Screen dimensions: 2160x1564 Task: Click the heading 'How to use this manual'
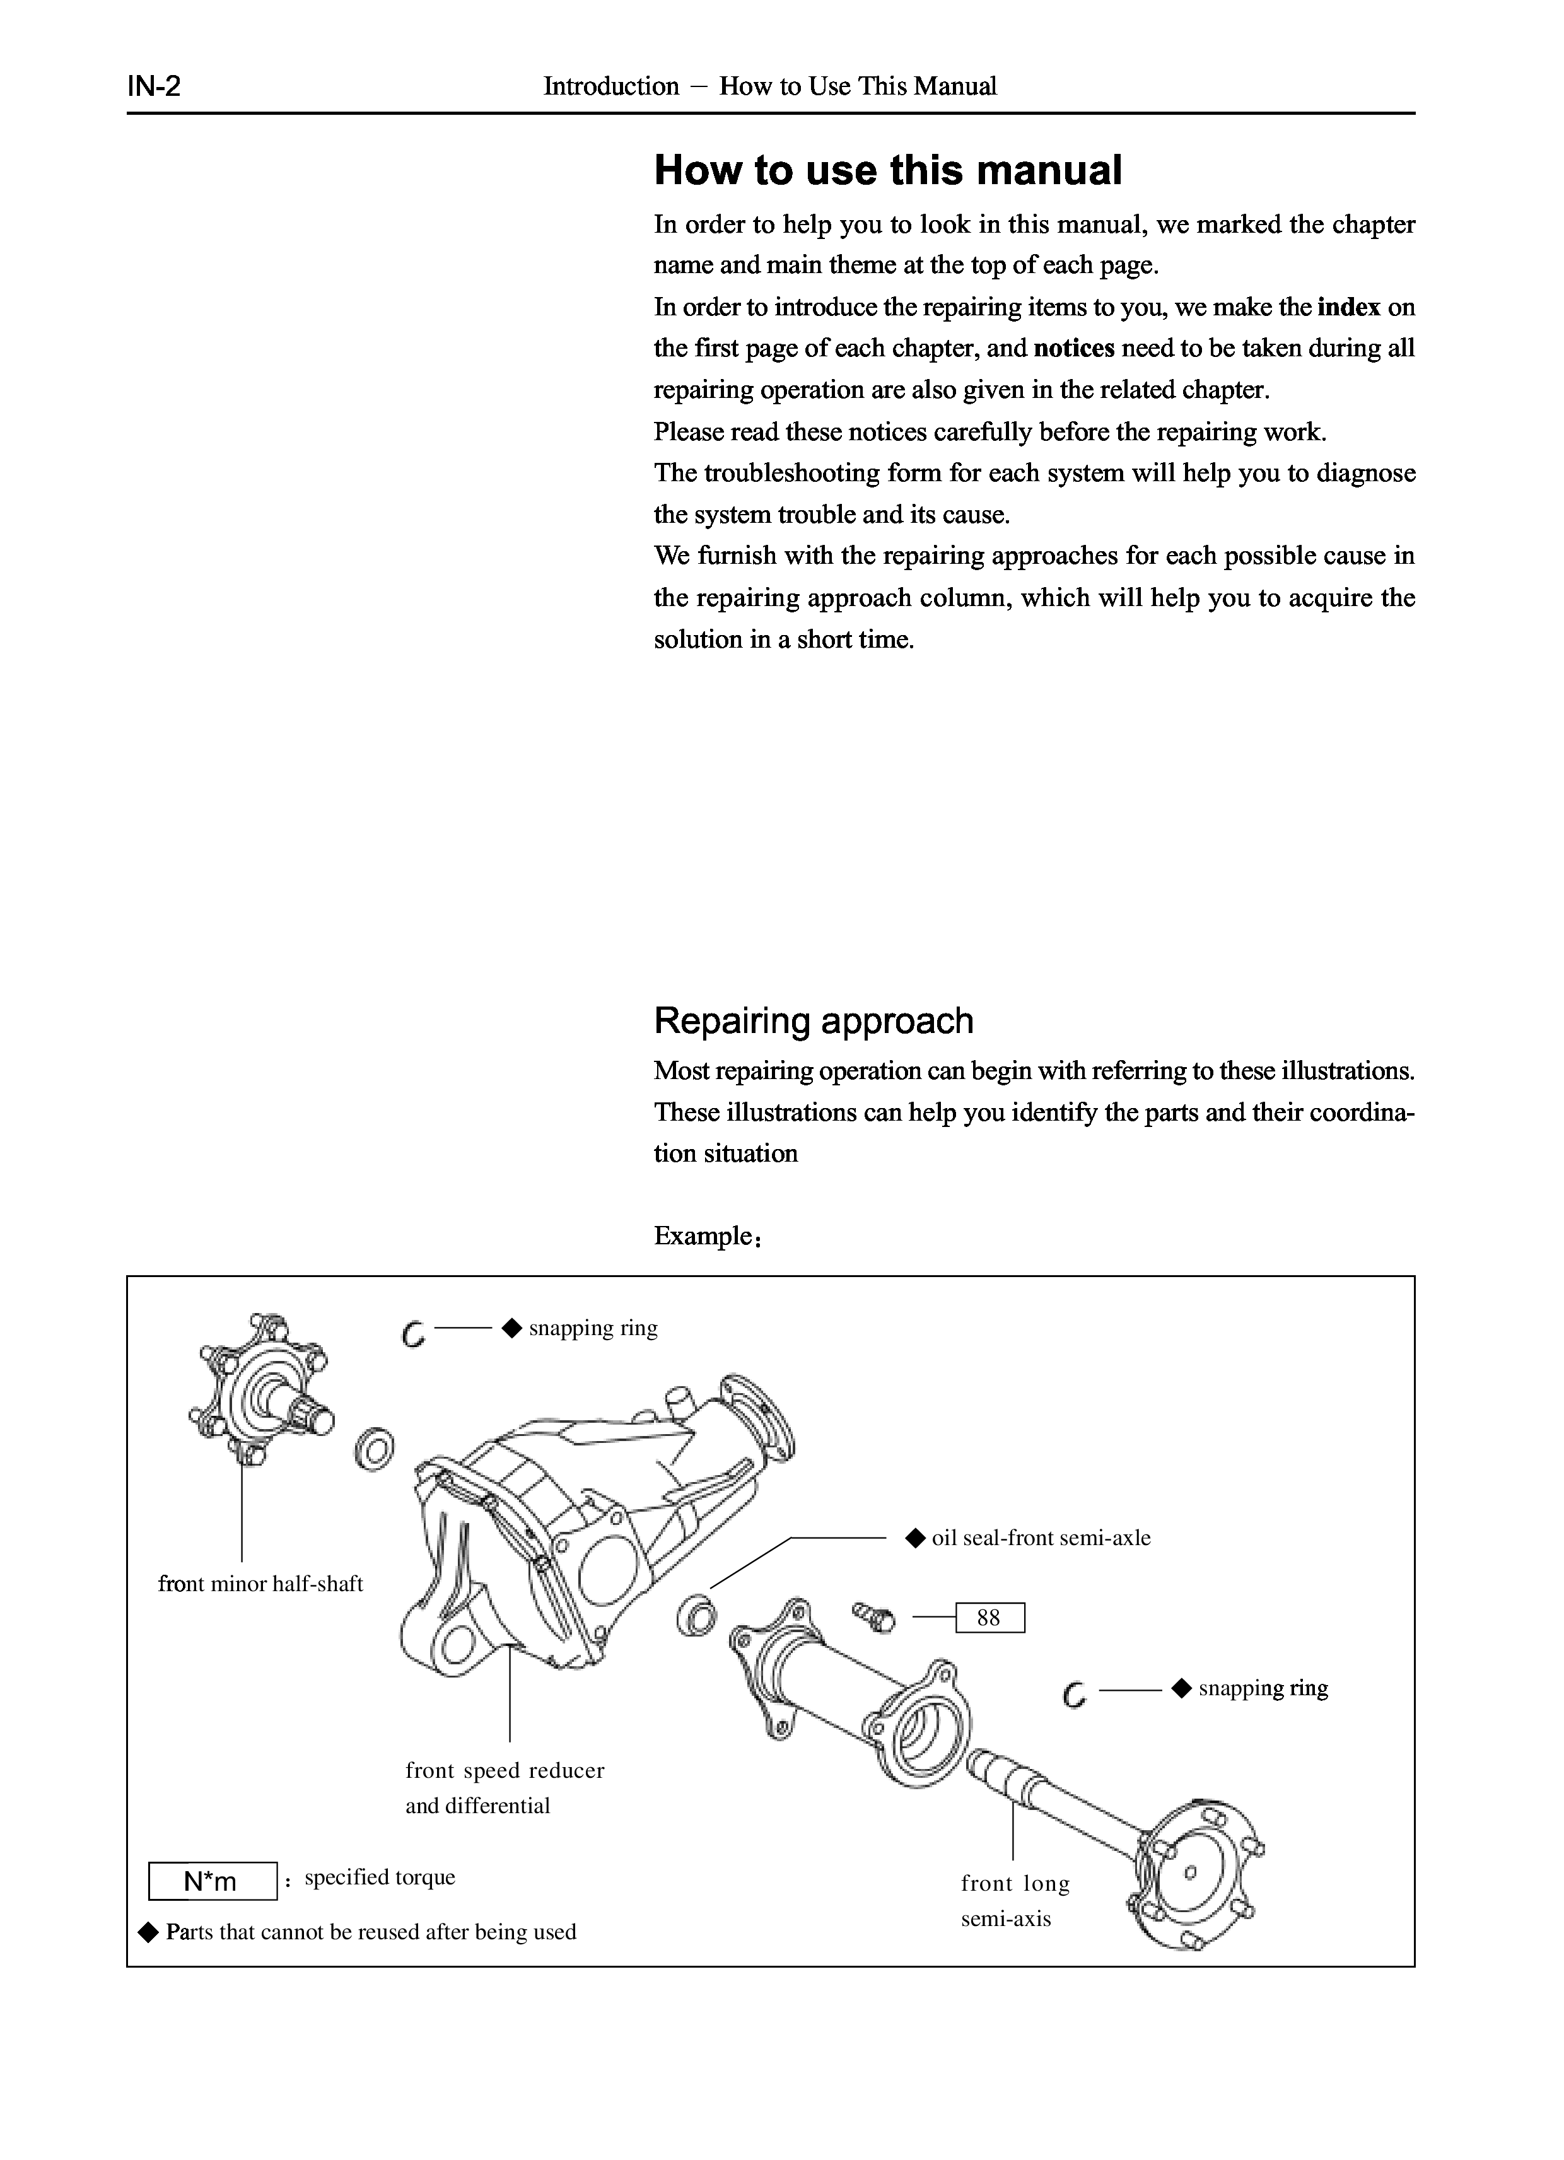click(x=888, y=170)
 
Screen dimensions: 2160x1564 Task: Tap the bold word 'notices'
click(x=1073, y=349)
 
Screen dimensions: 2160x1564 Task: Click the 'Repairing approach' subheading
click(x=814, y=1021)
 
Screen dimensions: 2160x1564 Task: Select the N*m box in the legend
click(x=213, y=1881)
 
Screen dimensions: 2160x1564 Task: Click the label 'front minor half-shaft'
click(x=260, y=1584)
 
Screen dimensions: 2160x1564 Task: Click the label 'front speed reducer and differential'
click(x=504, y=1788)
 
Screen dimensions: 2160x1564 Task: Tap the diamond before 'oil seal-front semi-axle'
click(x=915, y=1537)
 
